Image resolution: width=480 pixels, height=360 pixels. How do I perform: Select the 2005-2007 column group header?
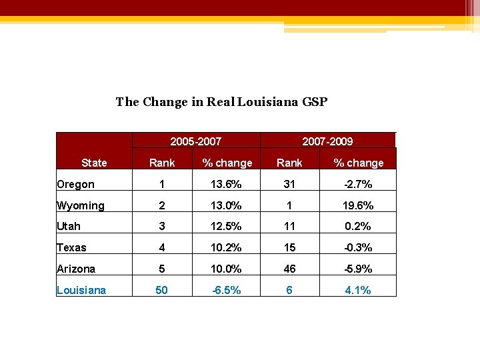195,141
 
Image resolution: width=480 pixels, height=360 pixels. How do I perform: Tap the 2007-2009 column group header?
327,141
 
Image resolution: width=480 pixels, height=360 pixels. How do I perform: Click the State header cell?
94,163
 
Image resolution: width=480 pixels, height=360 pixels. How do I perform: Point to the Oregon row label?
76,184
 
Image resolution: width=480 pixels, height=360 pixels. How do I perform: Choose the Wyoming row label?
81,205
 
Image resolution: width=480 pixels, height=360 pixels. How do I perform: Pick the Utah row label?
69,226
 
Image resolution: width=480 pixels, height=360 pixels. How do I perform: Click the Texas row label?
72,247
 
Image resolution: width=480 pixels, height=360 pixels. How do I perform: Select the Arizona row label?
76,269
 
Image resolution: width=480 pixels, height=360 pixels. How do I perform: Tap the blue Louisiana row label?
81,290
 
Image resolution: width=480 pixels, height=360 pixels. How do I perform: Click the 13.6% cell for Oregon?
227,184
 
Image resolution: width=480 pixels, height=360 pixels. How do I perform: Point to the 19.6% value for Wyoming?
359,205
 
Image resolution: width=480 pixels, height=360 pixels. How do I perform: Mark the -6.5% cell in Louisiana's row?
227,290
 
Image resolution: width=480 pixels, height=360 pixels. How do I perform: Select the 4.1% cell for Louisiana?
359,290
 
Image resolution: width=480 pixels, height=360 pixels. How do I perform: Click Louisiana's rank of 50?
162,290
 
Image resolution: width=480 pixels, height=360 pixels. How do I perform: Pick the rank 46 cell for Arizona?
289,269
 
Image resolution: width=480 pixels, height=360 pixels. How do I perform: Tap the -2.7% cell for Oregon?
359,184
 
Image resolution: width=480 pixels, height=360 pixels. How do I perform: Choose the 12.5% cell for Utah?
227,226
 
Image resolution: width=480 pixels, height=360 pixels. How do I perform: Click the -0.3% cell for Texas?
359,247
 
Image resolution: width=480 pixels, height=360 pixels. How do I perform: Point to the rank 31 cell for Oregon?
289,184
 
